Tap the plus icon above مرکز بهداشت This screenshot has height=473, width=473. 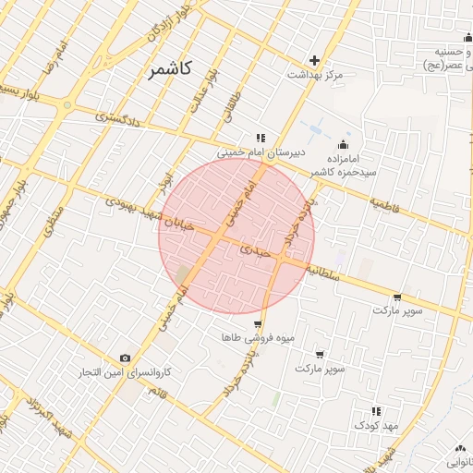(x=314, y=60)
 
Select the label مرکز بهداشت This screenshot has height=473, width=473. (x=314, y=74)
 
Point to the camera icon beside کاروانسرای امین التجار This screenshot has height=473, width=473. (x=126, y=358)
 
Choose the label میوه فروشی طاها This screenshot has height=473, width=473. (x=258, y=338)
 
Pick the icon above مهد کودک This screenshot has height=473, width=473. (x=376, y=411)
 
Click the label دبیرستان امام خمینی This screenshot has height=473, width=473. (x=260, y=154)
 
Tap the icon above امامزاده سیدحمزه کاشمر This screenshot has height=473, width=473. (x=344, y=144)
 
